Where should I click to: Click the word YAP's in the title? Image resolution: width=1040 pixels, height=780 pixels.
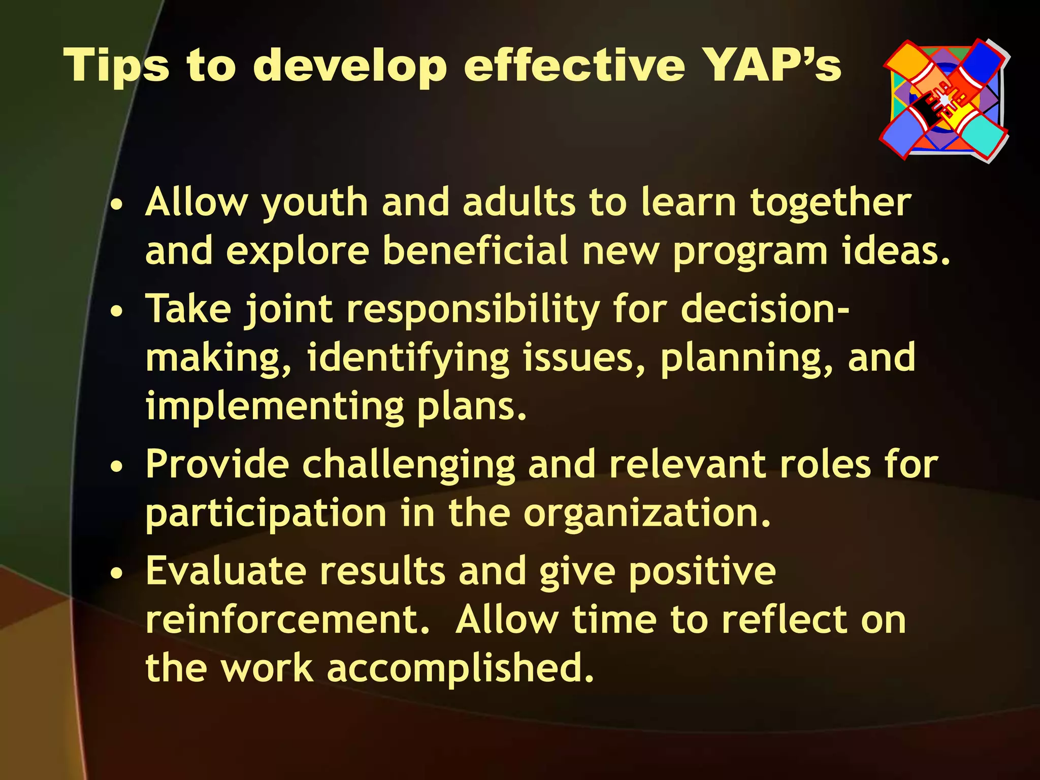tap(774, 66)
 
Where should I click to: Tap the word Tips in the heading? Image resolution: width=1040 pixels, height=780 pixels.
tap(116, 66)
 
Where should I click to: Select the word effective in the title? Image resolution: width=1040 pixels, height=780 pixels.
tap(574, 66)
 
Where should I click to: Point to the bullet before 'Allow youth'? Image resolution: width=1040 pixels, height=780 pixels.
tap(117, 207)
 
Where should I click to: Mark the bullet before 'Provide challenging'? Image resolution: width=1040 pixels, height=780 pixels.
tap(117, 468)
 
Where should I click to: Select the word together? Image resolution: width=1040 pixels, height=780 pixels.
tap(831, 203)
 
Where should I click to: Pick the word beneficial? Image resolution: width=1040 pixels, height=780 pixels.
tap(475, 251)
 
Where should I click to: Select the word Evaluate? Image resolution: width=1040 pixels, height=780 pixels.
tap(226, 571)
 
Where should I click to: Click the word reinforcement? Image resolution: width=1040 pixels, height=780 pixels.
tap(287, 620)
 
